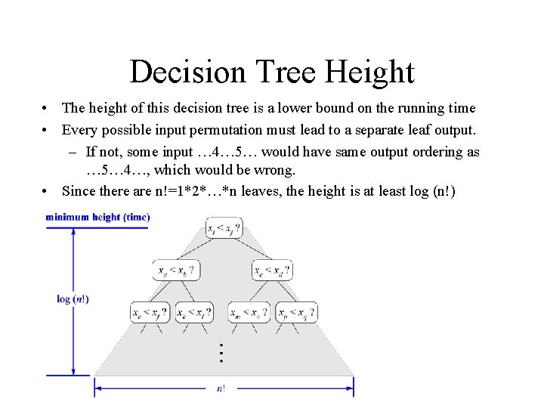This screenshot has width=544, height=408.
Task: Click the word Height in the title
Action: coord(369,73)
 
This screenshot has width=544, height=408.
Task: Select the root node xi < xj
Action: coord(224,227)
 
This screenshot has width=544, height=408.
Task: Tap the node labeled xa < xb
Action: coord(175,270)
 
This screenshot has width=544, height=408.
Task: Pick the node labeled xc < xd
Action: coord(272,270)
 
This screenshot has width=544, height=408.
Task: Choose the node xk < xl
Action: coord(193,311)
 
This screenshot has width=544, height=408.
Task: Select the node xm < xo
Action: coord(249,311)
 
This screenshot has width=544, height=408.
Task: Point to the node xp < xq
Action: coord(295,311)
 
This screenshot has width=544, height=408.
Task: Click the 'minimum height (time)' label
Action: coord(97,218)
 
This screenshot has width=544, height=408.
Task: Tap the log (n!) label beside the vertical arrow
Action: coord(73,299)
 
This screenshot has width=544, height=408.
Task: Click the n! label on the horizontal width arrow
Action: coord(221,389)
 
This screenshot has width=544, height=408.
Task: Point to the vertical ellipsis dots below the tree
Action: coord(221,351)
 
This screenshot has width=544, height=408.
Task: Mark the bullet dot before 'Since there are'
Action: coord(47,190)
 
